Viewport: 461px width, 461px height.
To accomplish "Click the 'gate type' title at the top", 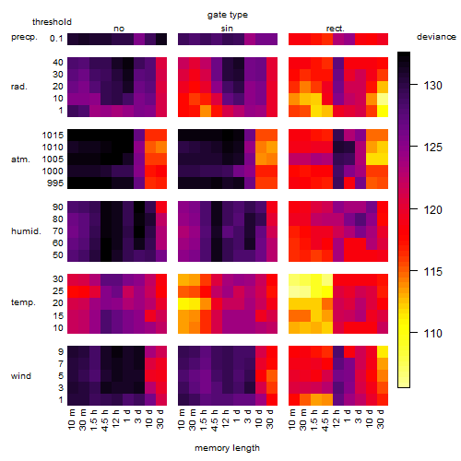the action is coord(228,15).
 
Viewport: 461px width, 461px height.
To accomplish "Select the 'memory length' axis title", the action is coord(228,448).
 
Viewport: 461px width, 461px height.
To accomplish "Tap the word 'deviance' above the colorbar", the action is coord(436,37).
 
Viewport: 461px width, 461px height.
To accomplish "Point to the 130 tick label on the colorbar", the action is coord(432,86).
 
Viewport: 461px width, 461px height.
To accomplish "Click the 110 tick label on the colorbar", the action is coord(432,333).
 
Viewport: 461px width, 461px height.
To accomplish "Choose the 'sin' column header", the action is coord(227,29).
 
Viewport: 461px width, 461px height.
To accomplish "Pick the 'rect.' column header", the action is coord(336,29).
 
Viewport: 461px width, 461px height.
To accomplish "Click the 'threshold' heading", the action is coord(52,22).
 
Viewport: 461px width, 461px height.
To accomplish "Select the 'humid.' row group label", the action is coord(26,231).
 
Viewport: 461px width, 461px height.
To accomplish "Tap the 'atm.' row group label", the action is coord(20,160).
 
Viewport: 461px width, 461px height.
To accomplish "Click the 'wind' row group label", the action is coord(21,376).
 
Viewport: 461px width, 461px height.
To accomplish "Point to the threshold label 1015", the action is coord(53,136).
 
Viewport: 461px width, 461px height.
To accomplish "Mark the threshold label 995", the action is coord(55,183).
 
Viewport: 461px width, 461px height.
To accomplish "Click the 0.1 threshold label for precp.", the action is coord(56,39).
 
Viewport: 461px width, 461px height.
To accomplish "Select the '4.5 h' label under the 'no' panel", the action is coord(105,420).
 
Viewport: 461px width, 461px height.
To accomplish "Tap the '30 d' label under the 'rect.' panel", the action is coord(381,420).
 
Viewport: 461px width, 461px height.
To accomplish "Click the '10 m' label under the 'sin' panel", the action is coord(182,420).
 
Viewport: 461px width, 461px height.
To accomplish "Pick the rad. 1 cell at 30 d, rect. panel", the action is coord(383,111).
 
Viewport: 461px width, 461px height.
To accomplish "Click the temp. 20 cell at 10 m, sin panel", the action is coord(183,303).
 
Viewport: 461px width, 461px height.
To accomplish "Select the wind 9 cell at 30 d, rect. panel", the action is coord(383,351).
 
